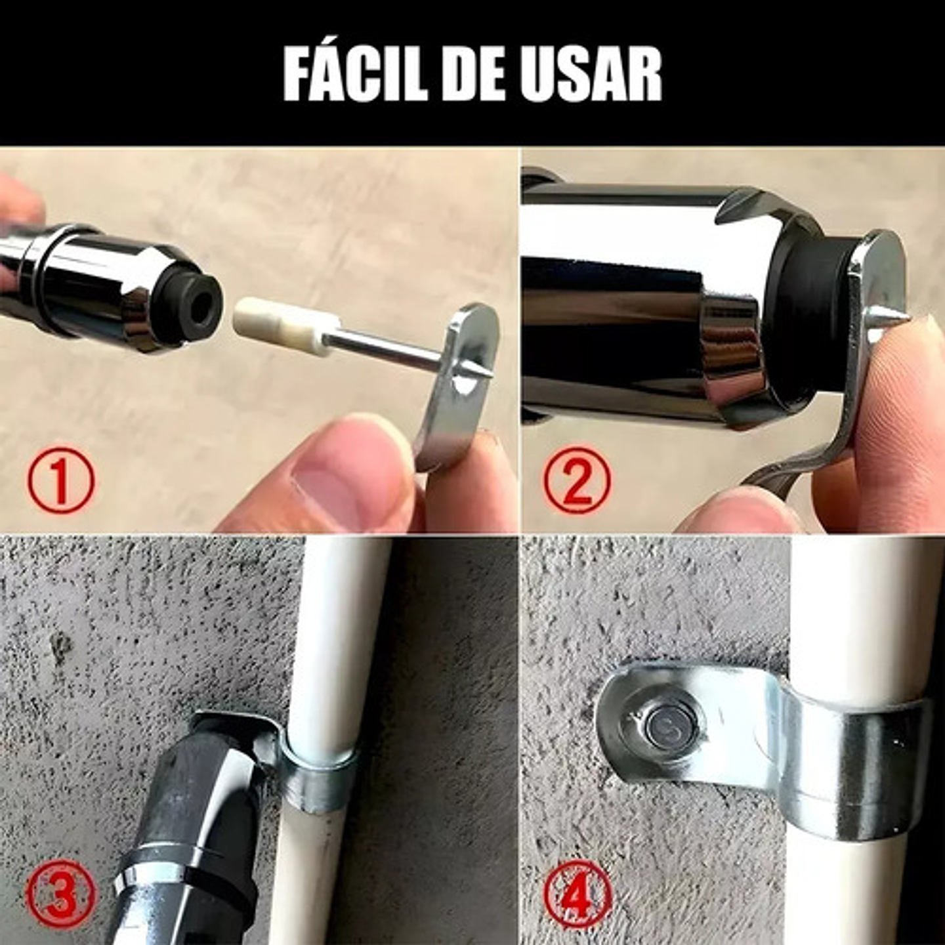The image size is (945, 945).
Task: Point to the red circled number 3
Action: coord(60,894)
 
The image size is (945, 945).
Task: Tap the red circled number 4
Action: coord(577,894)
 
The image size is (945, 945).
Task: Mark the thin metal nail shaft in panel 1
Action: coord(387,348)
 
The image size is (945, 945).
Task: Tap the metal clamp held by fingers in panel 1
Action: coord(459,387)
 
